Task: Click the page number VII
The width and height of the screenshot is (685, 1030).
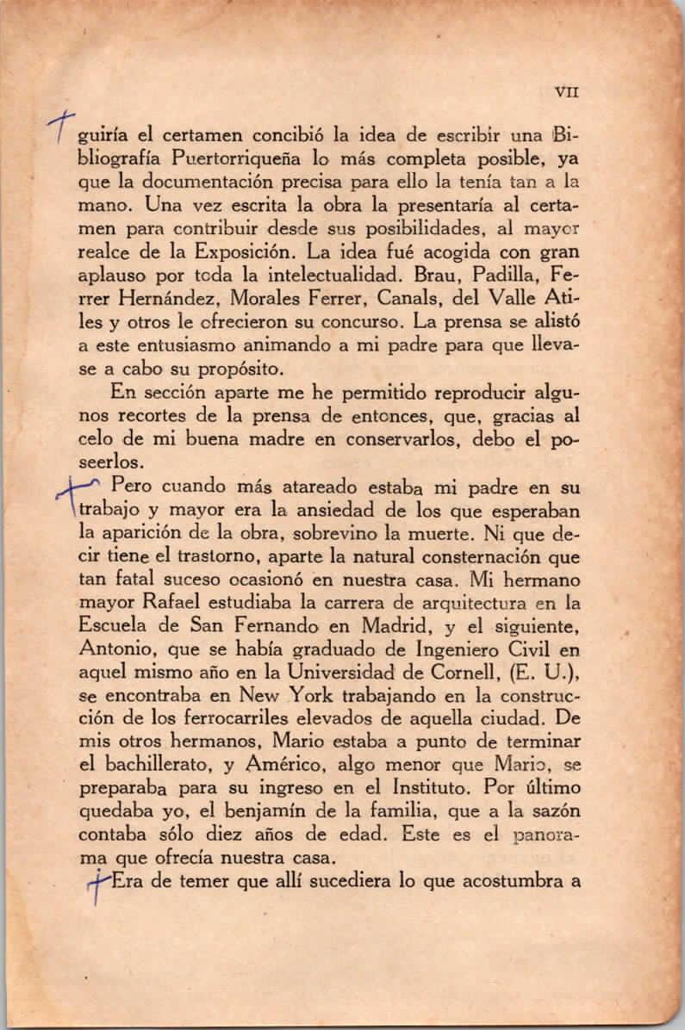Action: pyautogui.click(x=566, y=89)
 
